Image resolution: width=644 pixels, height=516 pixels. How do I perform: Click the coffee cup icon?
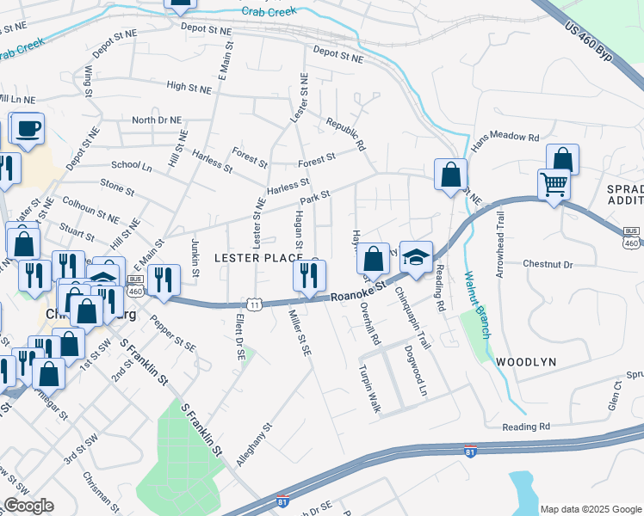(27, 130)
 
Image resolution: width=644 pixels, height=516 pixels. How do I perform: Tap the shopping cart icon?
(554, 184)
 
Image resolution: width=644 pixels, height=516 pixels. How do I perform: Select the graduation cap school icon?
(416, 256)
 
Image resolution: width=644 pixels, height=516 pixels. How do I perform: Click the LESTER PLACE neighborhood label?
(257, 258)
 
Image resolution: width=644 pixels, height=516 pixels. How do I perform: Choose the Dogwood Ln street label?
(421, 372)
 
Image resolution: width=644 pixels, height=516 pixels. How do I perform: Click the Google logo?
(28, 506)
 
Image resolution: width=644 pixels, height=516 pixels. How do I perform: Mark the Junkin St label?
(195, 259)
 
